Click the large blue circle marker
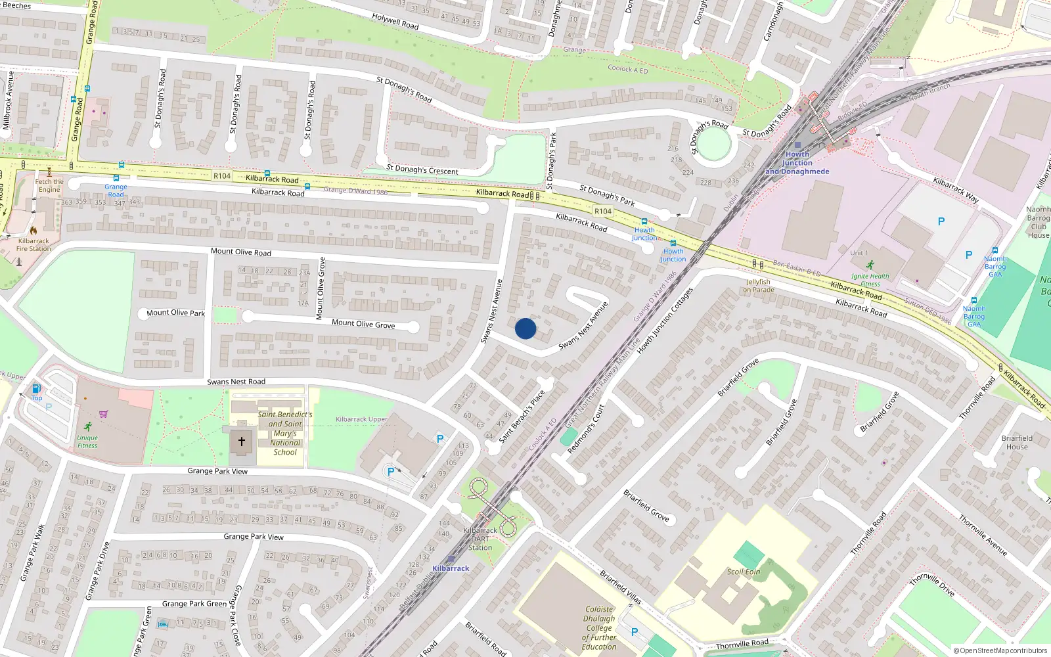click(525, 328)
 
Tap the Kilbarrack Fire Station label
click(33, 244)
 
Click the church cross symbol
click(241, 442)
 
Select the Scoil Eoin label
click(744, 572)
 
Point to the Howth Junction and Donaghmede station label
click(797, 163)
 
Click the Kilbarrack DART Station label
click(480, 539)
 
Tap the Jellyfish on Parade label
click(759, 286)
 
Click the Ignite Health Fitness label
click(870, 280)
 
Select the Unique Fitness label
click(87, 442)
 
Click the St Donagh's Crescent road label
click(422, 170)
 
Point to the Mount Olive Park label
click(175, 313)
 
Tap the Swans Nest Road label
click(236, 382)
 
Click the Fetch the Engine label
click(49, 186)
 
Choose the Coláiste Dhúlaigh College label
click(599, 627)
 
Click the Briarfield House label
click(1017, 442)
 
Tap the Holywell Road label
click(395, 22)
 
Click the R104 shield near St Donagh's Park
click(603, 211)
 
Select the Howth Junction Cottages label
click(665, 321)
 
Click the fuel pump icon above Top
click(37, 388)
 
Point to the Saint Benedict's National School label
click(285, 433)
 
